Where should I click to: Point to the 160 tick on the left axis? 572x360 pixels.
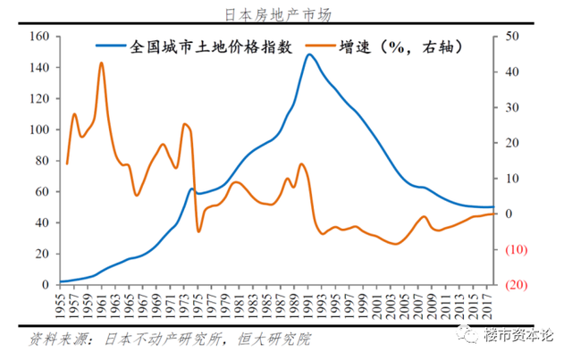38,37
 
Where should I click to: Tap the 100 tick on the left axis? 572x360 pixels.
38,130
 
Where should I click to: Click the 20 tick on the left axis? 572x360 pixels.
41,254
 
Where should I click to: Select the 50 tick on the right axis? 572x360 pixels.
511,37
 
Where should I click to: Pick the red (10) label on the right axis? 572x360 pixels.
515,249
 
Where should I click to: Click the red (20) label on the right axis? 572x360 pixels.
515,284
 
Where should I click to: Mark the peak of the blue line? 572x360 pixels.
309,54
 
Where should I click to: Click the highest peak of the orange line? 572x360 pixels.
101,63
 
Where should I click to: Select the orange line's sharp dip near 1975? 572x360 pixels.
198,231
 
